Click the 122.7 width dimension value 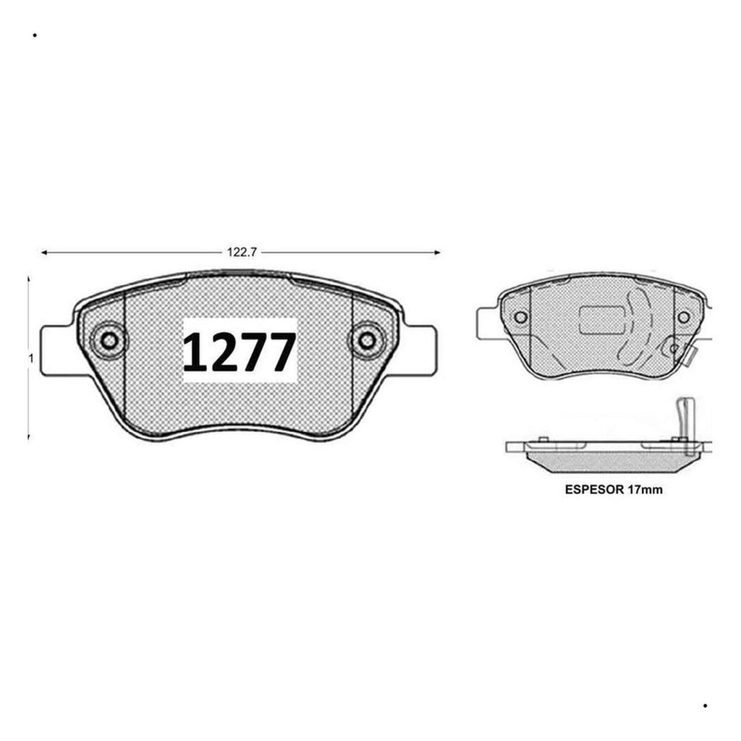[x=242, y=253]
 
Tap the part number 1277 [x=240, y=352]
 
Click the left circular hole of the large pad [x=109, y=340]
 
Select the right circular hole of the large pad [x=367, y=340]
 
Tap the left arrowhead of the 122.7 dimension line [x=44, y=253]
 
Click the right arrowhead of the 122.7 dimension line [x=437, y=253]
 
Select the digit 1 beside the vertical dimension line [x=31, y=358]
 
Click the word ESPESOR [x=595, y=490]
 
